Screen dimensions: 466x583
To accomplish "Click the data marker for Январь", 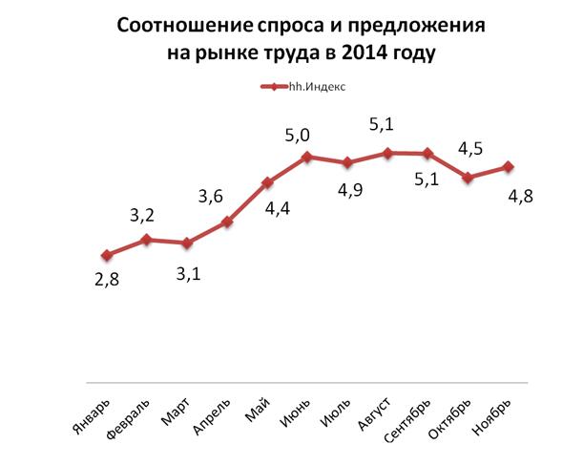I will tap(107, 255).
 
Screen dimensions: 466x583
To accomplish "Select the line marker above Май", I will tap(267, 182).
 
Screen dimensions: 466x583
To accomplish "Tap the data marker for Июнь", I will tap(307, 157).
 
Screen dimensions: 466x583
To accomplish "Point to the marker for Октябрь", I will tap(468, 177).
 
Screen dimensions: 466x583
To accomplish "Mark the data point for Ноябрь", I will tap(508, 166).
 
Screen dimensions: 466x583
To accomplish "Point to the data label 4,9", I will tap(346, 191).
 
